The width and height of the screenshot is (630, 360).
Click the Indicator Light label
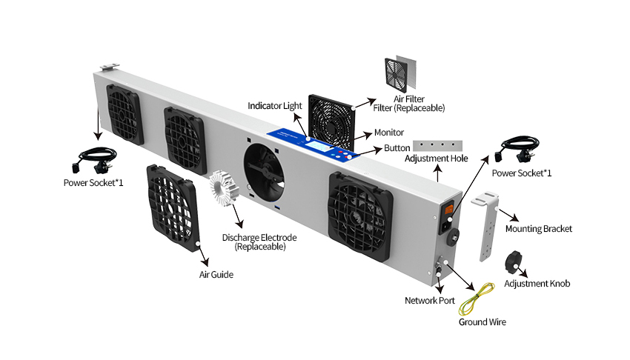[x=275, y=106]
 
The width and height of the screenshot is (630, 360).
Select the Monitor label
[x=388, y=133]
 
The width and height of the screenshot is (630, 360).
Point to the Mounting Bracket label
[x=539, y=229]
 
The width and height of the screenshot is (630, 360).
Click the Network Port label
[x=430, y=301]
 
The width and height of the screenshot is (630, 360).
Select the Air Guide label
[x=216, y=275]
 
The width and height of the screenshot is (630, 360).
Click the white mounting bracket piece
[x=485, y=227]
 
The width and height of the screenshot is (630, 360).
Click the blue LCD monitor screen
[x=319, y=149]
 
